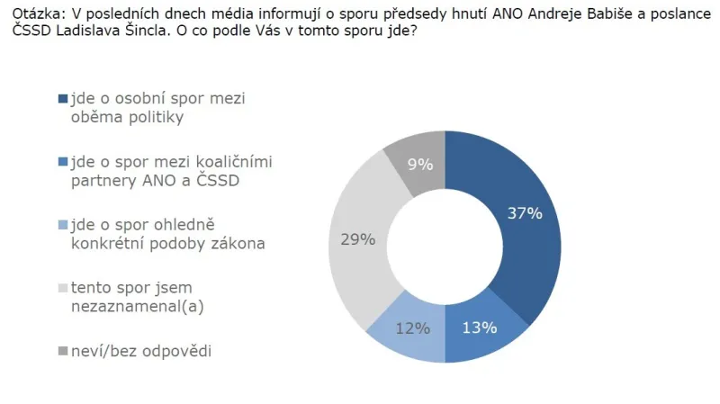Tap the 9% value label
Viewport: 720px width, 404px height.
point(419,165)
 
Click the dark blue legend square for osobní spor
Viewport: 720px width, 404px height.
point(62,98)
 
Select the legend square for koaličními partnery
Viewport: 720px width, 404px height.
point(62,162)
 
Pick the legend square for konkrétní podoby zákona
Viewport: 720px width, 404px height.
point(62,225)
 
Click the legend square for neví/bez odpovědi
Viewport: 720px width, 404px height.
point(62,351)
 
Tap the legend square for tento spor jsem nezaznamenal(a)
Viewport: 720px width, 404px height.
point(62,288)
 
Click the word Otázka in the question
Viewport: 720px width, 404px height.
point(26,11)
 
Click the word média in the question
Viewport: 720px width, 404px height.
point(200,11)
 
